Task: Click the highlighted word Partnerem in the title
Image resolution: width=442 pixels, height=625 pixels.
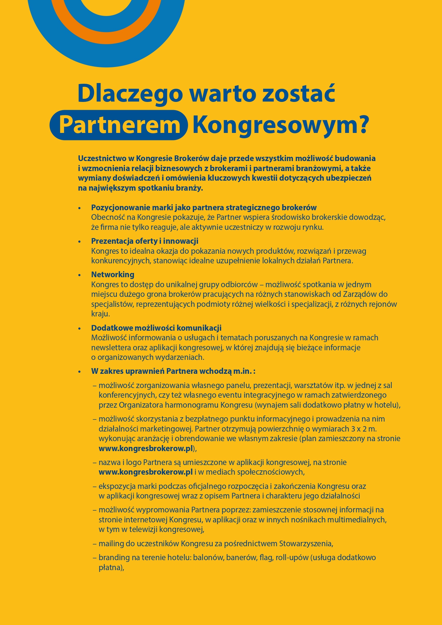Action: click(119, 125)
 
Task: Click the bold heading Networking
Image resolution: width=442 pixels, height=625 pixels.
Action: click(113, 274)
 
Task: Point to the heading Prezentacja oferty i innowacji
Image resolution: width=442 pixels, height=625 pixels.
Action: click(145, 241)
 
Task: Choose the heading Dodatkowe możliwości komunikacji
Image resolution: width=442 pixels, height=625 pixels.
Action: click(156, 328)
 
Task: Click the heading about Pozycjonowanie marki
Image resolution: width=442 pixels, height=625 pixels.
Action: click(204, 207)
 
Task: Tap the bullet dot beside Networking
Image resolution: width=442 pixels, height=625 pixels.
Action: click(80, 275)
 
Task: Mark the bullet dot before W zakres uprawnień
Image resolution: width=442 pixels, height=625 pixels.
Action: click(80, 372)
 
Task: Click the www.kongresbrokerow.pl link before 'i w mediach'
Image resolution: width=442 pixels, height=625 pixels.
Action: click(146, 472)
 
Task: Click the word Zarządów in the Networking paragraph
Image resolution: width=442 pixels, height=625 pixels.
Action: click(360, 294)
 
